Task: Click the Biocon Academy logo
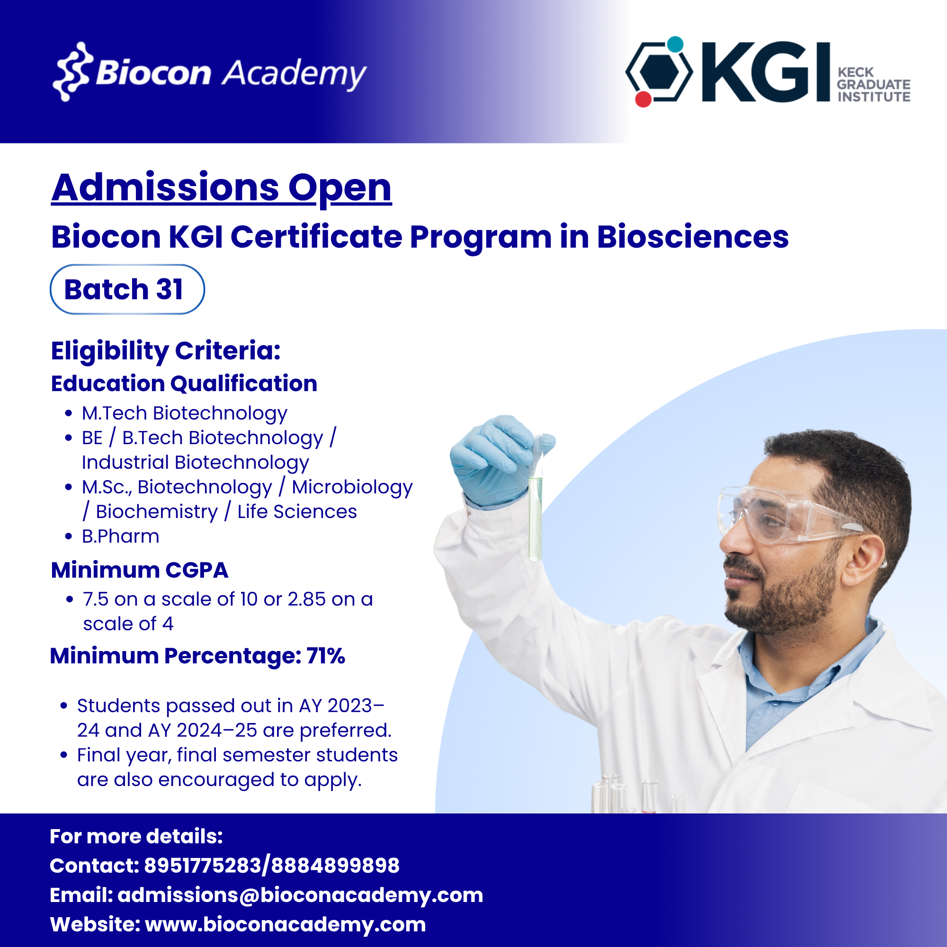point(209,72)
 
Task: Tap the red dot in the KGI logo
point(643,99)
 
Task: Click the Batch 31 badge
point(127,289)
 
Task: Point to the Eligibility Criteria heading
point(166,351)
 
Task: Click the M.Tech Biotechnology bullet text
point(184,413)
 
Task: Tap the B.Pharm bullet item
point(121,536)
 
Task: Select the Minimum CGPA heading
point(140,570)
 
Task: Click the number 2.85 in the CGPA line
point(306,599)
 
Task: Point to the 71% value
point(326,656)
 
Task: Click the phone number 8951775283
point(203,866)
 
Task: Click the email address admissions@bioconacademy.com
point(301,895)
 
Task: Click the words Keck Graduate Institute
point(874,84)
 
